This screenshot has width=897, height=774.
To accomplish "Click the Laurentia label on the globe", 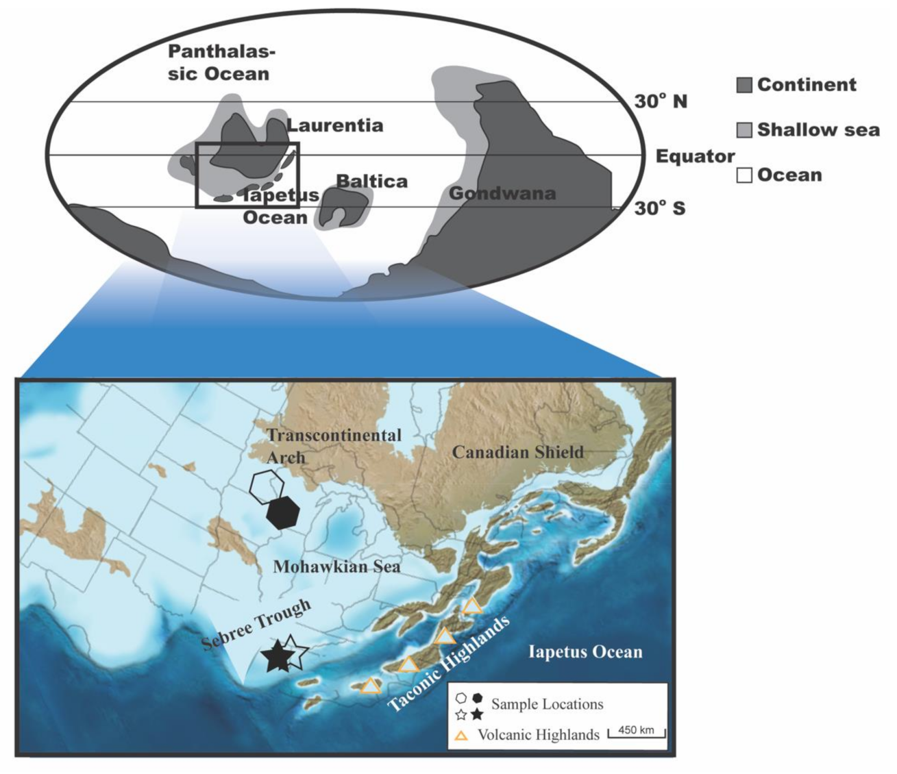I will [x=334, y=125].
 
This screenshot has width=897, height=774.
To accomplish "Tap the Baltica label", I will [x=371, y=181].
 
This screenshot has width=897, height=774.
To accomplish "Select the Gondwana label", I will [x=502, y=193].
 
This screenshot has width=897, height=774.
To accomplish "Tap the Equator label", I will [x=695, y=156].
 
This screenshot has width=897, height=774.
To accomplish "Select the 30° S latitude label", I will [x=659, y=208].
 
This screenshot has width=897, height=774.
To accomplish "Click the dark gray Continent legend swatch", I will [x=744, y=86].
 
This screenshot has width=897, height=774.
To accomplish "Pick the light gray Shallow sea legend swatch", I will [x=744, y=130].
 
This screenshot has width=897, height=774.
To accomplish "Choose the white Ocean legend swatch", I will [x=744, y=175].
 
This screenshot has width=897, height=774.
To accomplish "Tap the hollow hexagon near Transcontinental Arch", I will [x=267, y=486].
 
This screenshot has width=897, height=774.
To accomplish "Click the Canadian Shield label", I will [x=517, y=452].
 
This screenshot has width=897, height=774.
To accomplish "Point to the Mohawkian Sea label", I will [x=336, y=566].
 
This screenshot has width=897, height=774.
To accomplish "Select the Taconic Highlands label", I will [x=449, y=664].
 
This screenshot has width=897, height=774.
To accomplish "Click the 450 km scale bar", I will [x=637, y=732].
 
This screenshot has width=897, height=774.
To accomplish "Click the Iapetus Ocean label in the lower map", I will [x=585, y=651].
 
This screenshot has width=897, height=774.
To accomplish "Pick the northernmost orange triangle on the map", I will [x=472, y=606].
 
